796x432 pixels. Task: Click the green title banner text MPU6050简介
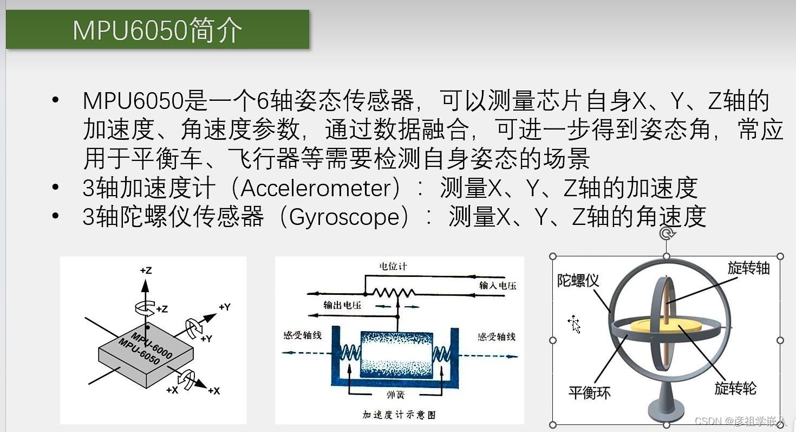pos(157,30)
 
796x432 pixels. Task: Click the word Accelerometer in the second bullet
pos(315,188)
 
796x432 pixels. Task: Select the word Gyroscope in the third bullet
pos(344,217)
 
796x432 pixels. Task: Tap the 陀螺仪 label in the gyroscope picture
pos(578,280)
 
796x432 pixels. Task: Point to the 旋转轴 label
pos(748,268)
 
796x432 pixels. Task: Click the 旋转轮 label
pos(735,388)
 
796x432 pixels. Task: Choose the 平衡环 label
pos(589,392)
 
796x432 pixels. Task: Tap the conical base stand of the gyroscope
pos(665,402)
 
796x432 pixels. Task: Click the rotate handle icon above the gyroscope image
pos(667,234)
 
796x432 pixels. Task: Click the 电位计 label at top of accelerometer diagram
pos(393,266)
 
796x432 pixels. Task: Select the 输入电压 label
pos(498,286)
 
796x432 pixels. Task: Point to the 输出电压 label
pos(342,305)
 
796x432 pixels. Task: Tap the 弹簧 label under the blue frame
pos(395,395)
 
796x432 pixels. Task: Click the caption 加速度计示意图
pos(399,415)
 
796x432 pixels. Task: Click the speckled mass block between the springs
pos(396,354)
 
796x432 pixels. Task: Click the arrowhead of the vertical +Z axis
pos(145,286)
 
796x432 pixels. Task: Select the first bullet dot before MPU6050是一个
pos(55,100)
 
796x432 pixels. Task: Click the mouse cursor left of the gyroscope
pos(574,324)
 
